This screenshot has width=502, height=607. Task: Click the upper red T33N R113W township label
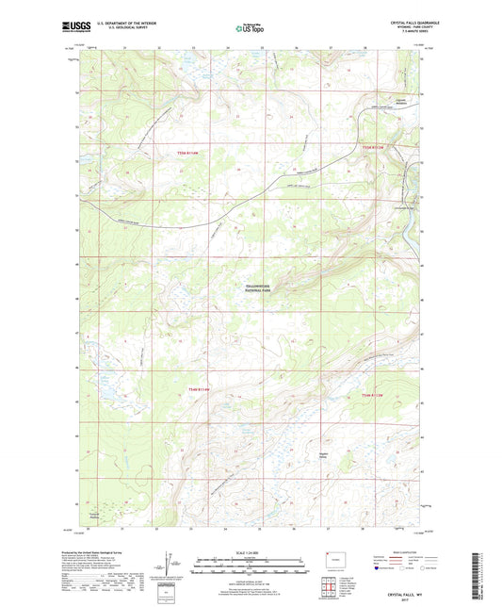coord(376,146)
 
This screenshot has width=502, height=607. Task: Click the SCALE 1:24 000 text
coord(250,550)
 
